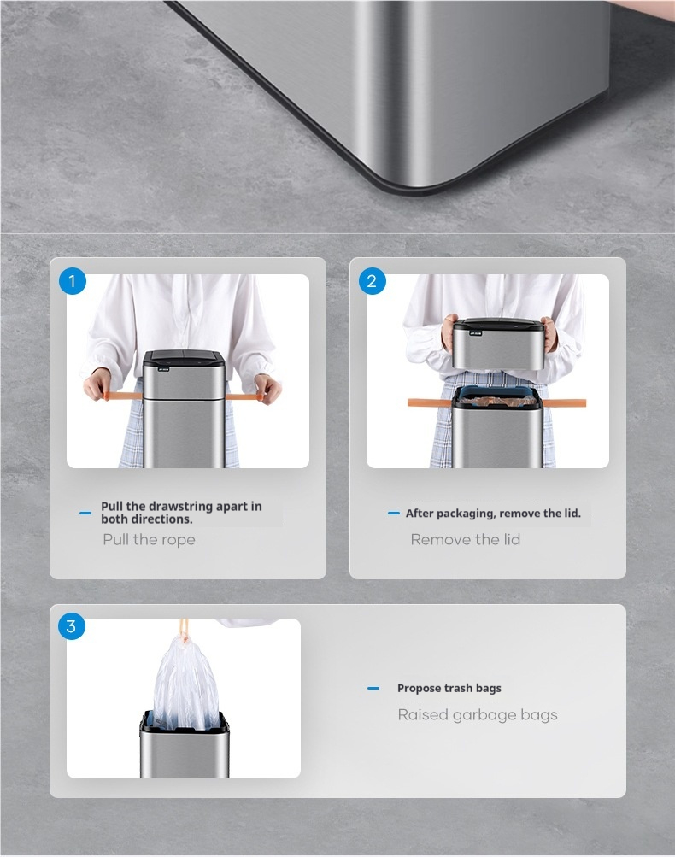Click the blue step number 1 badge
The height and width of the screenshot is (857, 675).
coord(72,281)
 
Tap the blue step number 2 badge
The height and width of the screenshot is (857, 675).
coord(372,281)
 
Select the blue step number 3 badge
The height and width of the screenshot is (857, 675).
coord(72,625)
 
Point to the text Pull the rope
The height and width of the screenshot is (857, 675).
coord(149,539)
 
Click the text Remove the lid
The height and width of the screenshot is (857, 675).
coord(465,539)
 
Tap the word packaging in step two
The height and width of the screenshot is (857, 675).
coord(466,514)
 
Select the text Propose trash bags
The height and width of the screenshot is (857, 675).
coord(449,688)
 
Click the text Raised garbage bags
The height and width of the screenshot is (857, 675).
coord(478,715)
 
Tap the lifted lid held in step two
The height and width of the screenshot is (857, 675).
coord(498,343)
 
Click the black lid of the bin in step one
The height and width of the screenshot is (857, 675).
coord(184,359)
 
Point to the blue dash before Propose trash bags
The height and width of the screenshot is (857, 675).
coord(373,688)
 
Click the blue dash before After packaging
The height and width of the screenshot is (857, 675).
coord(394,514)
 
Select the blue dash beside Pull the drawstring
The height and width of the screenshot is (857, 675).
coord(85,513)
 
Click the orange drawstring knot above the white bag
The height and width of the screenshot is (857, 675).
coord(185,633)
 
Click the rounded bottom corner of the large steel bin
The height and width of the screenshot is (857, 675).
coord(415,183)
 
